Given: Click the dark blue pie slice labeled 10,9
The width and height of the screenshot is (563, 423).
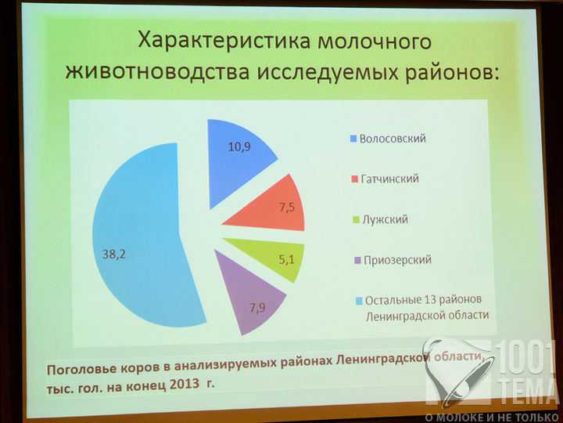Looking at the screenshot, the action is point(233,158).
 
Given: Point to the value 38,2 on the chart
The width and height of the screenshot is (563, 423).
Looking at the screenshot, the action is point(114,255).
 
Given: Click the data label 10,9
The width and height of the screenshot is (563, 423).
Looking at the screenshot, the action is point(239,146).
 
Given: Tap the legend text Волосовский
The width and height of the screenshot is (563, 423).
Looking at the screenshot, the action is point(393,139).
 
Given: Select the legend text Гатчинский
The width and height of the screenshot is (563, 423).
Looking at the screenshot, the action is point(390,179).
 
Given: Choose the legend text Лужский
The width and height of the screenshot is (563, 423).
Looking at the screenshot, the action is point(385,219).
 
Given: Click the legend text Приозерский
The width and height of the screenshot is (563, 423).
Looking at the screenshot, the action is point(397,260).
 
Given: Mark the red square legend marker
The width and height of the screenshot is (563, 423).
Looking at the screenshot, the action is point(355,179).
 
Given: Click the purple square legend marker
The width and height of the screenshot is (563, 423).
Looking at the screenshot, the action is point(357,260).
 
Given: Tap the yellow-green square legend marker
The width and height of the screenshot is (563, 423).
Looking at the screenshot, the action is point(357,220).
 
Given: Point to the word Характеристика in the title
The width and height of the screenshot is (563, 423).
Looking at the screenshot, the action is point(224,41).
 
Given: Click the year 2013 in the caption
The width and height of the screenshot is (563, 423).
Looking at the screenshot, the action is point(185,384).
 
